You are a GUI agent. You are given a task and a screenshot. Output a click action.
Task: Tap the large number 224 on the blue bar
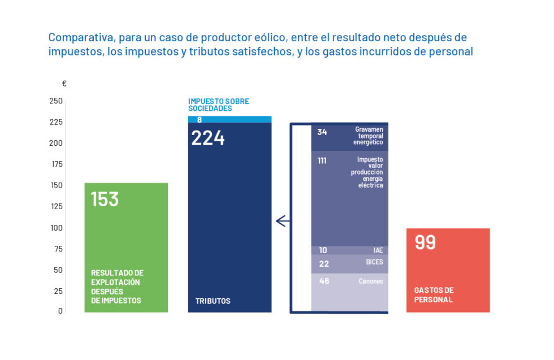(208, 138)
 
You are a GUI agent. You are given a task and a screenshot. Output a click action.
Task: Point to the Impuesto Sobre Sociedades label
(218, 105)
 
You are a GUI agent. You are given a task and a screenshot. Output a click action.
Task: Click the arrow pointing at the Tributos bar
(283, 221)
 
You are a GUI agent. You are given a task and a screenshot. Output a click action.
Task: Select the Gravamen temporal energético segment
(349, 137)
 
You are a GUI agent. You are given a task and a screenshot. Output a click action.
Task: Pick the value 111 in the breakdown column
(322, 161)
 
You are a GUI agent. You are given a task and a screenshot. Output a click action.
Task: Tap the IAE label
(378, 250)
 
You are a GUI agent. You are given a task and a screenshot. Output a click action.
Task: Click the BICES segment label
(374, 262)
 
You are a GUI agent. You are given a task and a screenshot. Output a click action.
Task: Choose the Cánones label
(370, 281)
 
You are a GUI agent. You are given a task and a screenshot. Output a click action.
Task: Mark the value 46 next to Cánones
(324, 281)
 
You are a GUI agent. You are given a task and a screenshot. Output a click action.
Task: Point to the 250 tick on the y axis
(56, 101)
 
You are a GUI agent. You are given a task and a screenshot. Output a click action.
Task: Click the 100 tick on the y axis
(56, 228)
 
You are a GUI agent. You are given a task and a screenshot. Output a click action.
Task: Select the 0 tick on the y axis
(60, 311)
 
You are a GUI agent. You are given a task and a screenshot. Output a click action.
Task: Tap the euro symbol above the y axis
(64, 84)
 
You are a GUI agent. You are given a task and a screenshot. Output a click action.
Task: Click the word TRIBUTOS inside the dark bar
(213, 301)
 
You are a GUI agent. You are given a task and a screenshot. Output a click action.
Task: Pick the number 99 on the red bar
(426, 242)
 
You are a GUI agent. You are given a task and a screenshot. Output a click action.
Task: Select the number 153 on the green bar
(105, 199)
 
